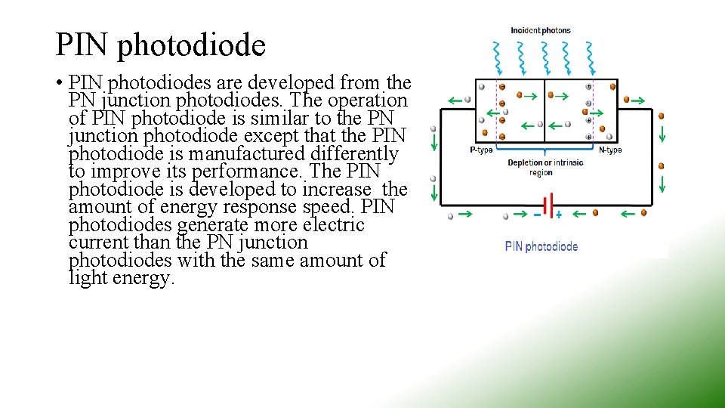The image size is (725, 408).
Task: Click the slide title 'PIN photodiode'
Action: [160, 45]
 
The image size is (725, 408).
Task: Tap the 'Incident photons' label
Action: [541, 31]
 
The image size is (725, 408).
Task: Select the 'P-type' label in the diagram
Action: [481, 150]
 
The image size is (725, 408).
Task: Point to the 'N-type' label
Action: [609, 150]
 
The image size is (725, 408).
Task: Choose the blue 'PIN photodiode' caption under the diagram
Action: [541, 246]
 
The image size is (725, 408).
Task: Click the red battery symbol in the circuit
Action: [548, 205]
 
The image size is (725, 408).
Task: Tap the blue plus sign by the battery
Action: [559, 215]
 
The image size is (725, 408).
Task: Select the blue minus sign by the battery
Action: [537, 215]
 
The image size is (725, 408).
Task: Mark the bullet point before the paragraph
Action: [58, 82]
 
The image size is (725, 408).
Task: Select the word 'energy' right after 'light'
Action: [141, 278]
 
